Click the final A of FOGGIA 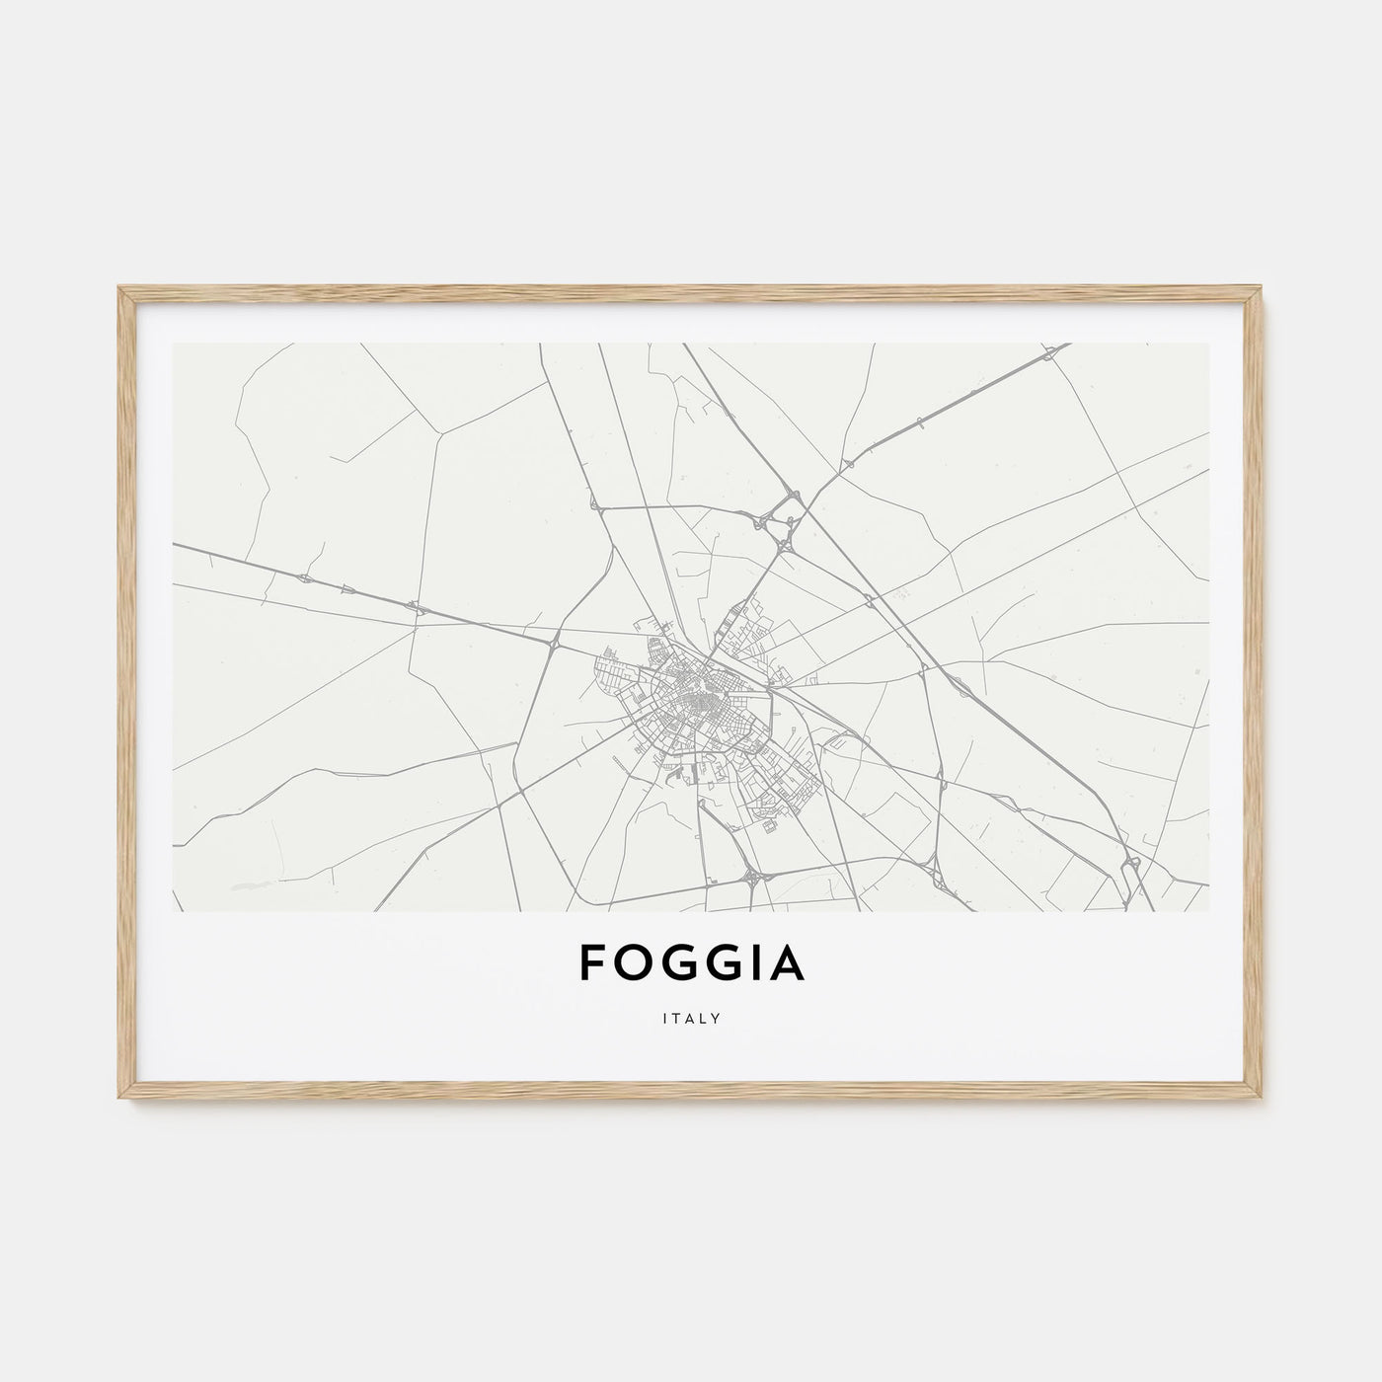[789, 964]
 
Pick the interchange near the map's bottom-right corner [1133, 866]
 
